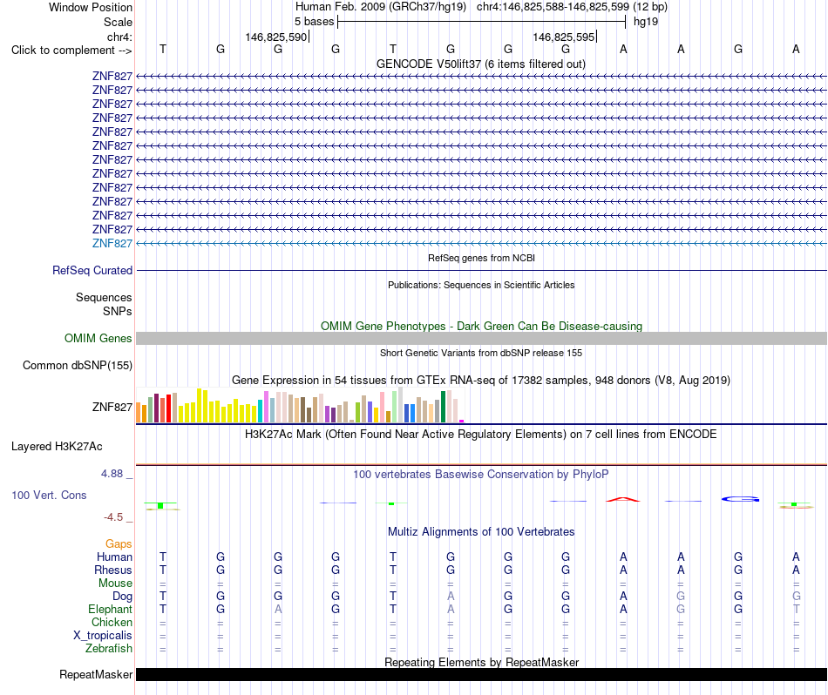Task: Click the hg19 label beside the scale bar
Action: coord(645,22)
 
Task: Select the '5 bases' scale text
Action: coord(314,22)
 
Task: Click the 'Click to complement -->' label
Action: coord(71,51)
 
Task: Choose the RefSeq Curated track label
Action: coord(92,270)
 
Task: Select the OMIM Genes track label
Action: coord(98,338)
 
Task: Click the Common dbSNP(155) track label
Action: coord(78,365)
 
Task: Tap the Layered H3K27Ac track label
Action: coord(57,447)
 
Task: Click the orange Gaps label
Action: coord(119,543)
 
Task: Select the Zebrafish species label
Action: coord(109,648)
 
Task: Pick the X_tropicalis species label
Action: coord(103,635)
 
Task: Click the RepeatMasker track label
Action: coord(96,674)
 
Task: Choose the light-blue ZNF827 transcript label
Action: coord(112,243)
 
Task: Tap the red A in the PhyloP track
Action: coord(623,499)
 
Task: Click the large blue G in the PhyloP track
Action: coord(740,499)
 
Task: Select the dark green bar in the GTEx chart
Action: coord(444,407)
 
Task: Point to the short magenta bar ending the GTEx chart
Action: coord(462,421)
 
